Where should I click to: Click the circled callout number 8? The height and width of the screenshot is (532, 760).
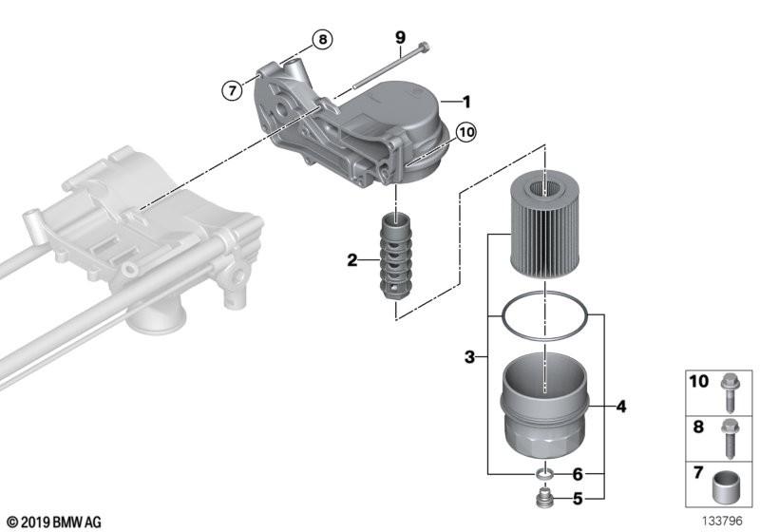pyautogui.click(x=322, y=40)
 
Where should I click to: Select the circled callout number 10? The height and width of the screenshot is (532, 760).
pyautogui.click(x=465, y=133)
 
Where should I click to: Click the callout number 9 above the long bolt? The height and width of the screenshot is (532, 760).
pyautogui.click(x=400, y=38)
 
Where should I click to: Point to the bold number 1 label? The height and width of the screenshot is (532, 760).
pyautogui.click(x=466, y=101)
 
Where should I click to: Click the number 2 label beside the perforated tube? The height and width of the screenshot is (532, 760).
pyautogui.click(x=352, y=260)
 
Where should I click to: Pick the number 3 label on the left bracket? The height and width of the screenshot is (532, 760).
pyautogui.click(x=469, y=358)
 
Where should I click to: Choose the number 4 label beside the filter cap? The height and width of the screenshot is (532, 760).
pyautogui.click(x=620, y=407)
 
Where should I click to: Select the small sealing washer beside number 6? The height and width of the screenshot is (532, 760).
pyautogui.click(x=544, y=473)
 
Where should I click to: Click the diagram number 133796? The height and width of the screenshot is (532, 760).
pyautogui.click(x=724, y=522)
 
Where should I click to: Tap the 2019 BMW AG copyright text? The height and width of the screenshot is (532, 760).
pyautogui.click(x=53, y=522)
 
